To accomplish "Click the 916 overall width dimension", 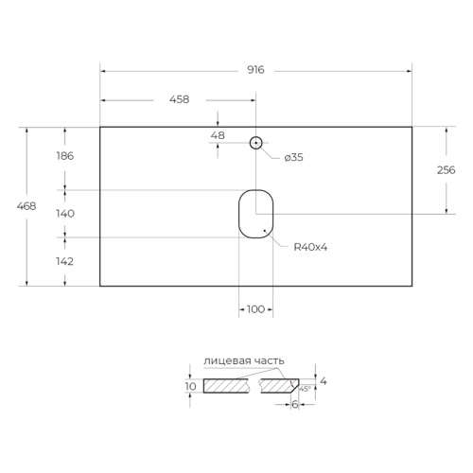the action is click(x=255, y=70).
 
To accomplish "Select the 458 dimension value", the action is click(x=180, y=99).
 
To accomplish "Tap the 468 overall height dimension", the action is click(x=26, y=206).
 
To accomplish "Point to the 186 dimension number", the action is click(x=65, y=156).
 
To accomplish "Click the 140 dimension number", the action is click(x=65, y=214).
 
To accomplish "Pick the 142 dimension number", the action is click(x=65, y=261).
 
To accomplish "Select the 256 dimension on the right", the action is click(x=447, y=170).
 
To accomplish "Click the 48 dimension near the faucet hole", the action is click(x=218, y=135).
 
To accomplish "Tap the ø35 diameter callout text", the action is click(x=293, y=157).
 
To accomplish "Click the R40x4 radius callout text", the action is click(x=310, y=247).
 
